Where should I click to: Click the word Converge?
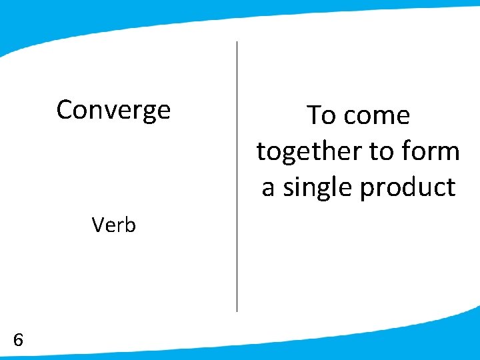click(x=113, y=109)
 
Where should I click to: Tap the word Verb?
click(x=114, y=225)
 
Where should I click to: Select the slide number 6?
click(x=18, y=340)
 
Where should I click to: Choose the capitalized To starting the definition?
click(x=321, y=116)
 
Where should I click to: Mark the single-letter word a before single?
click(x=268, y=188)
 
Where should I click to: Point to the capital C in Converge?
click(x=65, y=109)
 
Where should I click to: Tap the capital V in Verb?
click(x=99, y=225)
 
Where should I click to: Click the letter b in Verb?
click(x=130, y=225)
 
